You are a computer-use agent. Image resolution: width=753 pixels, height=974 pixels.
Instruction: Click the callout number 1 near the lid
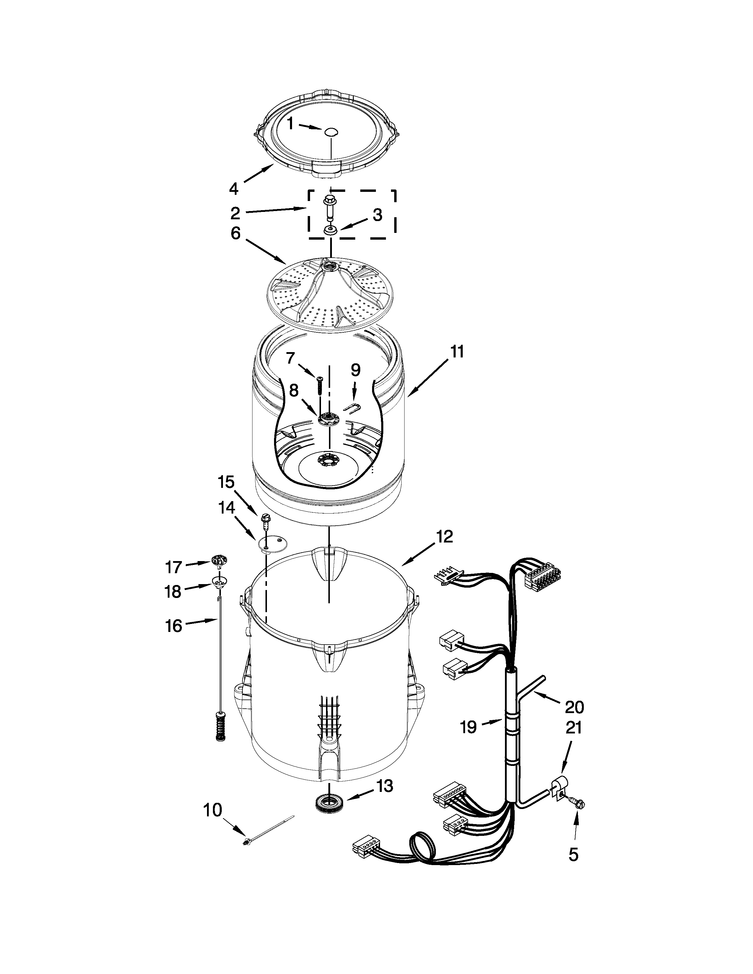pos(290,124)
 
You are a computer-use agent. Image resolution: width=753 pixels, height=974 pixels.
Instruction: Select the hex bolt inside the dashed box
pos(330,206)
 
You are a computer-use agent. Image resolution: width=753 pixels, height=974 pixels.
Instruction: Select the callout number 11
pos(457,352)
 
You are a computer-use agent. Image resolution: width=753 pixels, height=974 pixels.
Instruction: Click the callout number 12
pos(444,537)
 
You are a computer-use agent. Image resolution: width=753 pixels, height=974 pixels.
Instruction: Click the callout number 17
pos(174,567)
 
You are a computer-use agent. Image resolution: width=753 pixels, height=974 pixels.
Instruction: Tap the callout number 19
pos(468,727)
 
